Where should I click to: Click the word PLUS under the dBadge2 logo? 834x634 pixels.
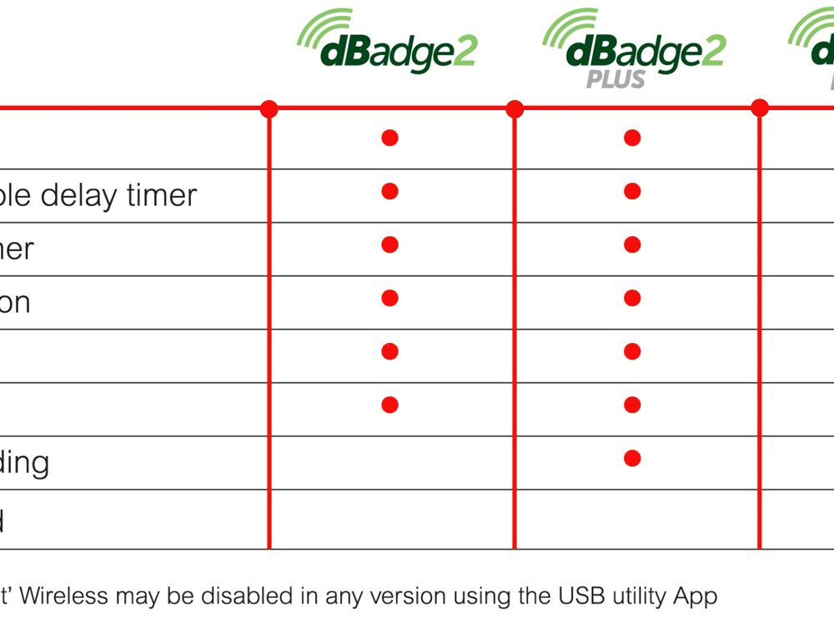point(615,79)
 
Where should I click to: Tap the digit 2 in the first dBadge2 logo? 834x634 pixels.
point(463,53)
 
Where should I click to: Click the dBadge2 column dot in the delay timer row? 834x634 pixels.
point(389,191)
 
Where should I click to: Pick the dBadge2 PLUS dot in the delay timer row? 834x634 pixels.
point(632,191)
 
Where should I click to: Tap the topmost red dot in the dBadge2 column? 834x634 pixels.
point(389,138)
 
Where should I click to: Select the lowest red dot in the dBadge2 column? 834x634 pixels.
point(389,405)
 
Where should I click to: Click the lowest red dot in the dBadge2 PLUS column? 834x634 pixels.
point(632,458)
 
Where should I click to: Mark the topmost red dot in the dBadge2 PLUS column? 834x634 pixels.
point(632,138)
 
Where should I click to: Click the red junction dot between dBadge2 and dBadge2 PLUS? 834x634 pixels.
point(515,108)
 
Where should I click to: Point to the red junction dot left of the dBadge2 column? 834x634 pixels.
point(269,108)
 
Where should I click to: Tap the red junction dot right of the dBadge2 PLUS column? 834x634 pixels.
point(760,108)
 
